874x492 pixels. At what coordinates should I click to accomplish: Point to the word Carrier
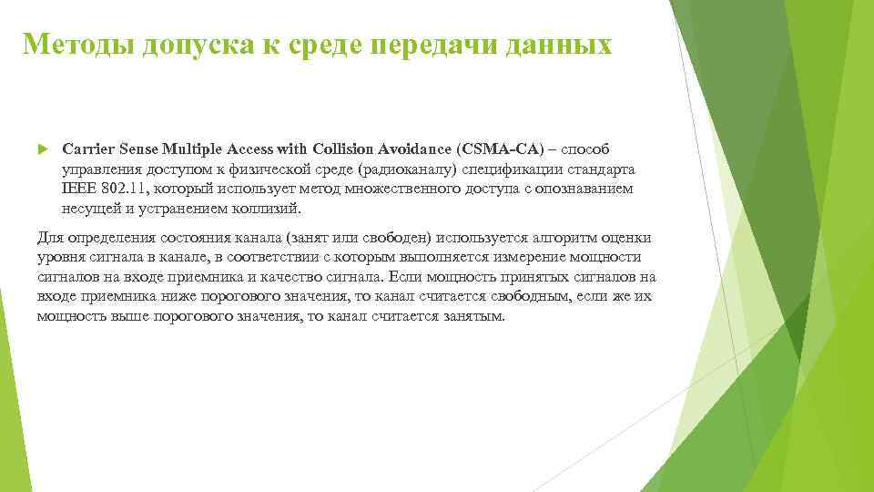point(87,149)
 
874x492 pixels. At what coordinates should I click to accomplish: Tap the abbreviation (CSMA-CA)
point(502,149)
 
